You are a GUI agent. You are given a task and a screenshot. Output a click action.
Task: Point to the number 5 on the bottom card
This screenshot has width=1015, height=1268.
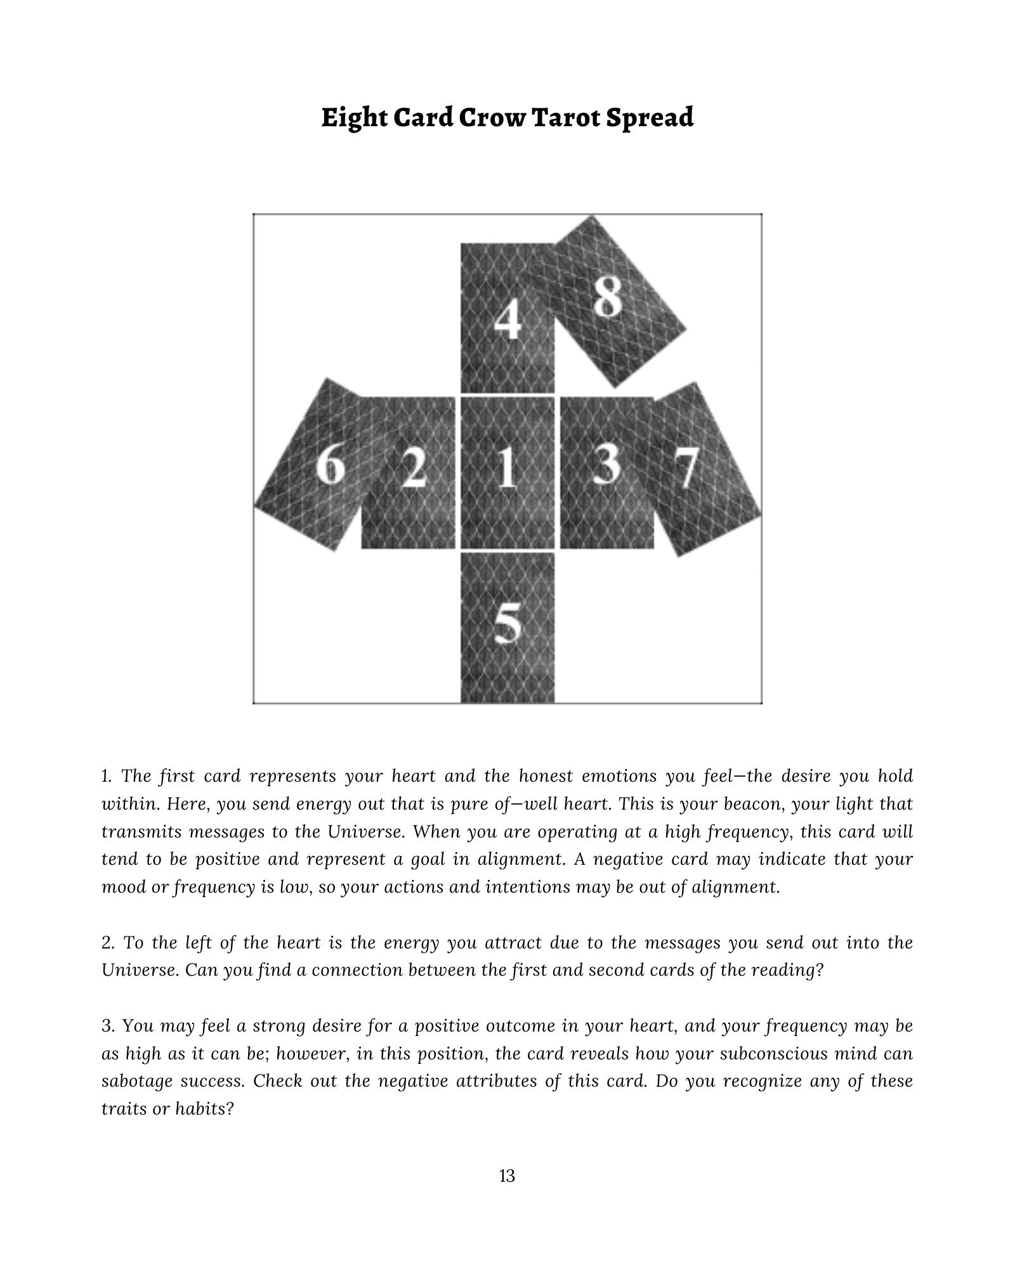click(507, 623)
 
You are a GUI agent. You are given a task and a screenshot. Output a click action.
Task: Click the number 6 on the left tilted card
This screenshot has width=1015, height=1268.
click(331, 465)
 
